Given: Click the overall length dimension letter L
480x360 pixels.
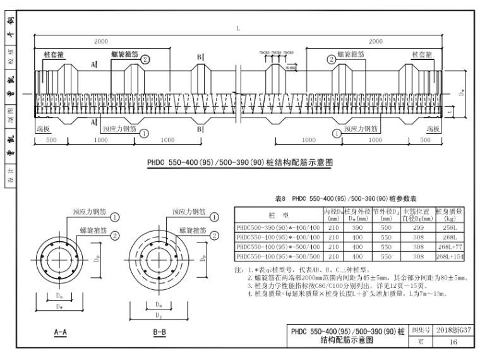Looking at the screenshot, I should [237, 28].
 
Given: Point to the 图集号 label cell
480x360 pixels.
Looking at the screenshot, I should [421, 330].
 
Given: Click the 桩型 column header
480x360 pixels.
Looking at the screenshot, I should [278, 214].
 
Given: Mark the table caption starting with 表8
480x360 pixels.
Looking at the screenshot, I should [333, 196].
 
